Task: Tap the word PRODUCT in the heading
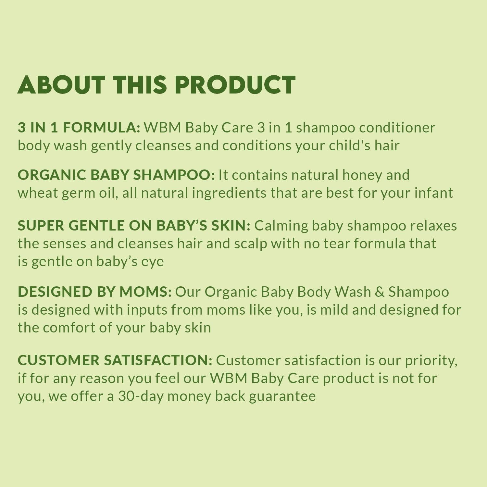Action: [235, 85]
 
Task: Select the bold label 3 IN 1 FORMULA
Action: [79, 128]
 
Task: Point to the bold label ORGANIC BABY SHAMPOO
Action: [116, 175]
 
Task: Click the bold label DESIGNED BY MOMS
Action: [94, 292]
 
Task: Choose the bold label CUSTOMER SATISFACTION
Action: [115, 360]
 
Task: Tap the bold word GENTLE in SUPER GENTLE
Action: [96, 226]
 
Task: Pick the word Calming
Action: [281, 226]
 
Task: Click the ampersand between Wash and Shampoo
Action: [380, 292]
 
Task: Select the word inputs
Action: [147, 310]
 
